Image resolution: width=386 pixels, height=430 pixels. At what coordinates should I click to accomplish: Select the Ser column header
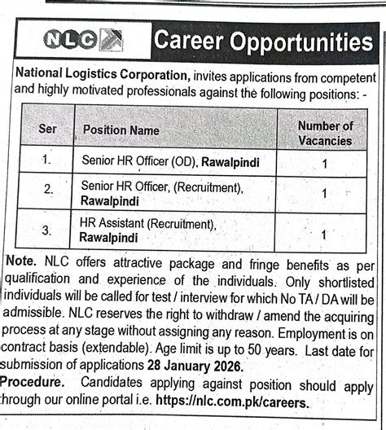[x=46, y=129]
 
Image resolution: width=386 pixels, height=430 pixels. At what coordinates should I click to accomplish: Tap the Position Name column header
[x=121, y=130]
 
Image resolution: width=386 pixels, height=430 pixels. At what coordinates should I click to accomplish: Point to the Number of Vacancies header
[x=325, y=133]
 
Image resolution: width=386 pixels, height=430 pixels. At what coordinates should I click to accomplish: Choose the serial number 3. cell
[x=46, y=230]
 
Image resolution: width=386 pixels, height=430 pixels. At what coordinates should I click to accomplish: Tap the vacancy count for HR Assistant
[x=325, y=235]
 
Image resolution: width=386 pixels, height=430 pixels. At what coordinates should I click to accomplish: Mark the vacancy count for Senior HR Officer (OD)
[x=325, y=164]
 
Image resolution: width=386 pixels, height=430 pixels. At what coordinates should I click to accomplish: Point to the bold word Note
[x=20, y=264]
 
